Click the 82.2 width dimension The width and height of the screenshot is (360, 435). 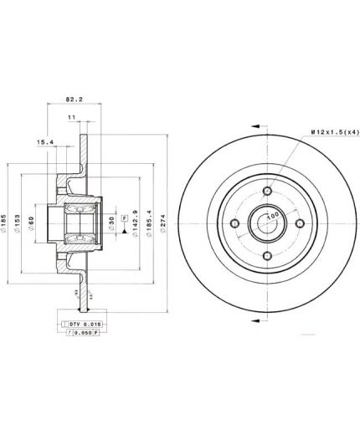tap(75, 97)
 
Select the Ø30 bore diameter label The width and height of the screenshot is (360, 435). tap(112, 223)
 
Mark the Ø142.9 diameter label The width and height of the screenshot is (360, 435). tap(136, 223)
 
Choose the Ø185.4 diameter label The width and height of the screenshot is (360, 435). tap(149, 223)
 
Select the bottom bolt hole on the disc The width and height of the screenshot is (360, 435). tap(266, 257)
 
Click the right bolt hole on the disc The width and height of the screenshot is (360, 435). tap(300, 223)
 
